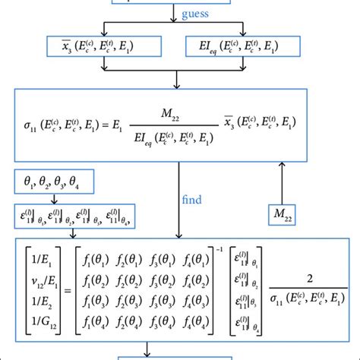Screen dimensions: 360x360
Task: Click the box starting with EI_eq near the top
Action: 241,48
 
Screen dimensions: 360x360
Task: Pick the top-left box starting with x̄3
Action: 90,48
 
